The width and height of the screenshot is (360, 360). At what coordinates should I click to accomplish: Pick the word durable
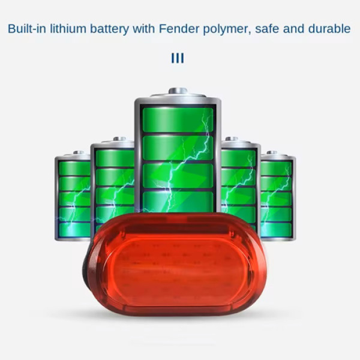tap(329, 28)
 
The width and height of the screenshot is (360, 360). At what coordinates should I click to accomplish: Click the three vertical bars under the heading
tap(178, 58)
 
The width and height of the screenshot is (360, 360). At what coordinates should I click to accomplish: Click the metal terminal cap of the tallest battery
tap(178, 91)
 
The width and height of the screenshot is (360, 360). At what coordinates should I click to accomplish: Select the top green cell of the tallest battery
tap(177, 119)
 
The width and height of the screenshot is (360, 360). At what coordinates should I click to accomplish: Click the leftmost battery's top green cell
tap(73, 169)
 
